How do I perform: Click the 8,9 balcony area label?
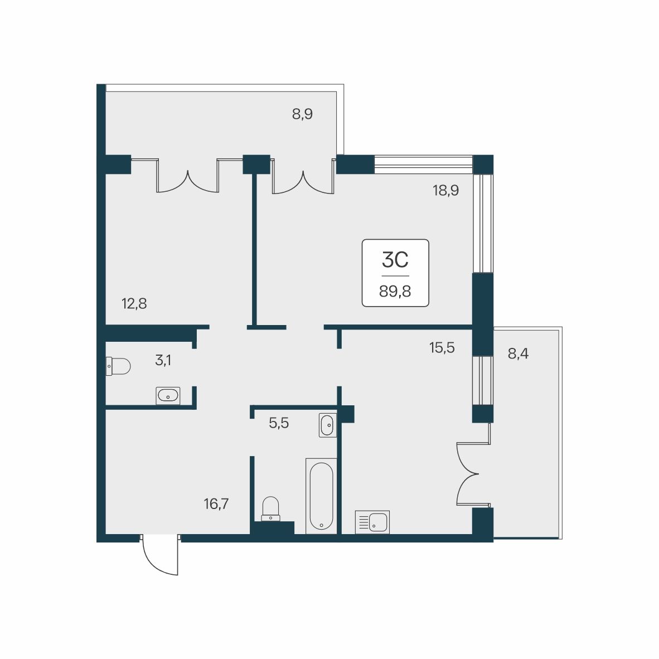click(x=302, y=114)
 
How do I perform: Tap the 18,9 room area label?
click(x=445, y=190)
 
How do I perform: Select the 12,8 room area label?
click(x=134, y=303)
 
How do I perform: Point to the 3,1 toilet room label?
click(x=163, y=360)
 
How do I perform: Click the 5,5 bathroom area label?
click(x=279, y=423)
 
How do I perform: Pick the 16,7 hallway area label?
click(x=216, y=503)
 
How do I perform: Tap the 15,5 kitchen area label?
click(x=442, y=348)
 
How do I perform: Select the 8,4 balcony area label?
click(x=518, y=354)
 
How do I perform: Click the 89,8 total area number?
click(x=395, y=291)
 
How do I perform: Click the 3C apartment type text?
click(x=395, y=260)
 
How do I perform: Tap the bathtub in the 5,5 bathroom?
click(x=321, y=496)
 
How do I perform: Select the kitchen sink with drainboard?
click(x=372, y=522)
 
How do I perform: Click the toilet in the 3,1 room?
click(x=118, y=366)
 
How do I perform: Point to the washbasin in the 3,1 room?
click(x=168, y=395)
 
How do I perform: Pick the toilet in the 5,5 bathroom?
click(x=270, y=509)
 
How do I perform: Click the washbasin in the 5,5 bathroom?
click(x=327, y=425)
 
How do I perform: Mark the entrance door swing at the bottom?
click(x=160, y=554)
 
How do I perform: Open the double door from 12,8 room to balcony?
click(x=187, y=176)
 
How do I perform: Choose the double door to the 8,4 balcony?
click(x=473, y=474)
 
